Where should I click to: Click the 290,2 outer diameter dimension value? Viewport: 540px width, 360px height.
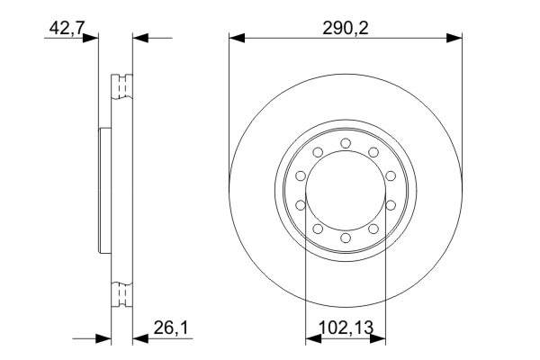pos(346,27)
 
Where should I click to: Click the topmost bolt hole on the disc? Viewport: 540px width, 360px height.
pos(346,142)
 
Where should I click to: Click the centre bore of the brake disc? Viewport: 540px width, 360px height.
pos(346,191)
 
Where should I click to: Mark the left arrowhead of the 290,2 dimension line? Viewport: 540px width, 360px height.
pos(236,38)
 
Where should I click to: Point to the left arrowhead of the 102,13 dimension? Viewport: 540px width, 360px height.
pos(311,339)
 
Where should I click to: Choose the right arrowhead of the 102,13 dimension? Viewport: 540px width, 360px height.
pos(380,339)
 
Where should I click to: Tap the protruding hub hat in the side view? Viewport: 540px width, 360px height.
pos(102,191)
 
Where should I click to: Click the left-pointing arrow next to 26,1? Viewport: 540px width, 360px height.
pos(139,339)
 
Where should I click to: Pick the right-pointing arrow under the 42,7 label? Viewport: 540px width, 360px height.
pos(90,38)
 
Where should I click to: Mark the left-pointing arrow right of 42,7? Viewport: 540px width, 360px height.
pos(139,38)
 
